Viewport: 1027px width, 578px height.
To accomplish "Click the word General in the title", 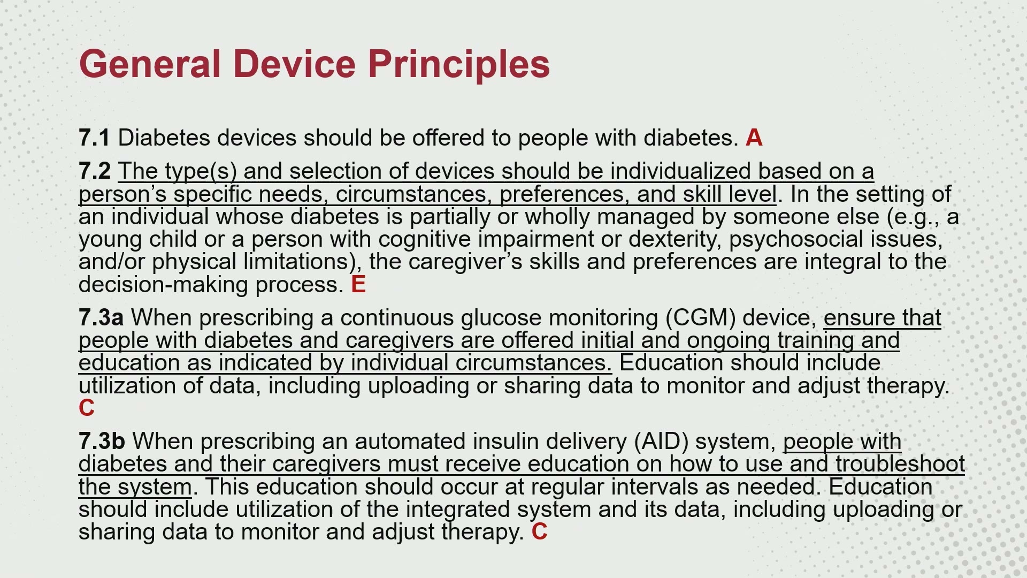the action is pos(150,64).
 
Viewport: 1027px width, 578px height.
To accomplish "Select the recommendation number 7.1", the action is pos(94,138).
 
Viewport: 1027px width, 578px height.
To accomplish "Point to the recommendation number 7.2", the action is pos(95,171).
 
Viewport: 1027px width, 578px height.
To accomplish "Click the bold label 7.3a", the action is pos(101,317).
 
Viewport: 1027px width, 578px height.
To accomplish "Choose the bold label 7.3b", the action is pos(102,442).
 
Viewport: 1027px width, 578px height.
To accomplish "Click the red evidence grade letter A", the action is pos(754,138).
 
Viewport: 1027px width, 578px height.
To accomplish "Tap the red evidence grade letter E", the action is pos(358,284).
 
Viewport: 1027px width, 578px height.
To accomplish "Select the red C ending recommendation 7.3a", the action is pos(87,408).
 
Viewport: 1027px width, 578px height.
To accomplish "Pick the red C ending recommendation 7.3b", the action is pos(539,531).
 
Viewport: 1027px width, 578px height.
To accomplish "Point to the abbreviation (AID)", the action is pos(661,442).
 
